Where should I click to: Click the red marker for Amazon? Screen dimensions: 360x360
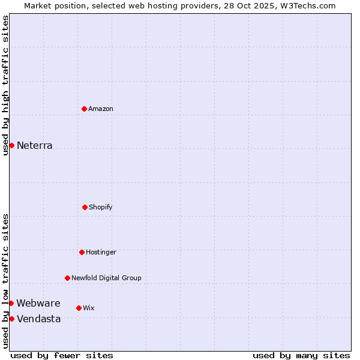[84, 109]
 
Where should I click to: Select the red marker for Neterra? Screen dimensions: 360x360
[11, 145]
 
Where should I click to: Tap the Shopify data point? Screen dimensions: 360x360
[85, 207]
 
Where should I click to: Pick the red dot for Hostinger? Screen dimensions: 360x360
[82, 252]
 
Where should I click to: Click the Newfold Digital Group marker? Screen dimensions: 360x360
[67, 278]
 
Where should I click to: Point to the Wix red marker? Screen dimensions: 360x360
[79, 308]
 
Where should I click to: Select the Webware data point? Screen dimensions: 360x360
[11, 303]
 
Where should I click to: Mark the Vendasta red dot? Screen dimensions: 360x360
[11, 319]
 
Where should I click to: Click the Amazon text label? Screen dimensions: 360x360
[101, 109]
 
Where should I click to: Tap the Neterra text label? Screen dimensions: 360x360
[35, 145]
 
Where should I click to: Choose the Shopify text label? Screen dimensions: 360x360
[101, 207]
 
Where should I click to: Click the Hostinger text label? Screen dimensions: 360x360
[101, 252]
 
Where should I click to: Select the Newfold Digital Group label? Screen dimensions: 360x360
[106, 278]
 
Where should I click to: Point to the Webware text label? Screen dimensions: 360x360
[38, 303]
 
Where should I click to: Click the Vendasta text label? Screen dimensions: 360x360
[39, 319]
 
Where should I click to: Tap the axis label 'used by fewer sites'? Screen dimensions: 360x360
[62, 355]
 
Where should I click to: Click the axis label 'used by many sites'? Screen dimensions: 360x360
[301, 355]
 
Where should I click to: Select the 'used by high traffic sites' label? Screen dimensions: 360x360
[5, 85]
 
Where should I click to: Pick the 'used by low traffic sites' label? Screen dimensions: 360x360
[5, 280]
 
